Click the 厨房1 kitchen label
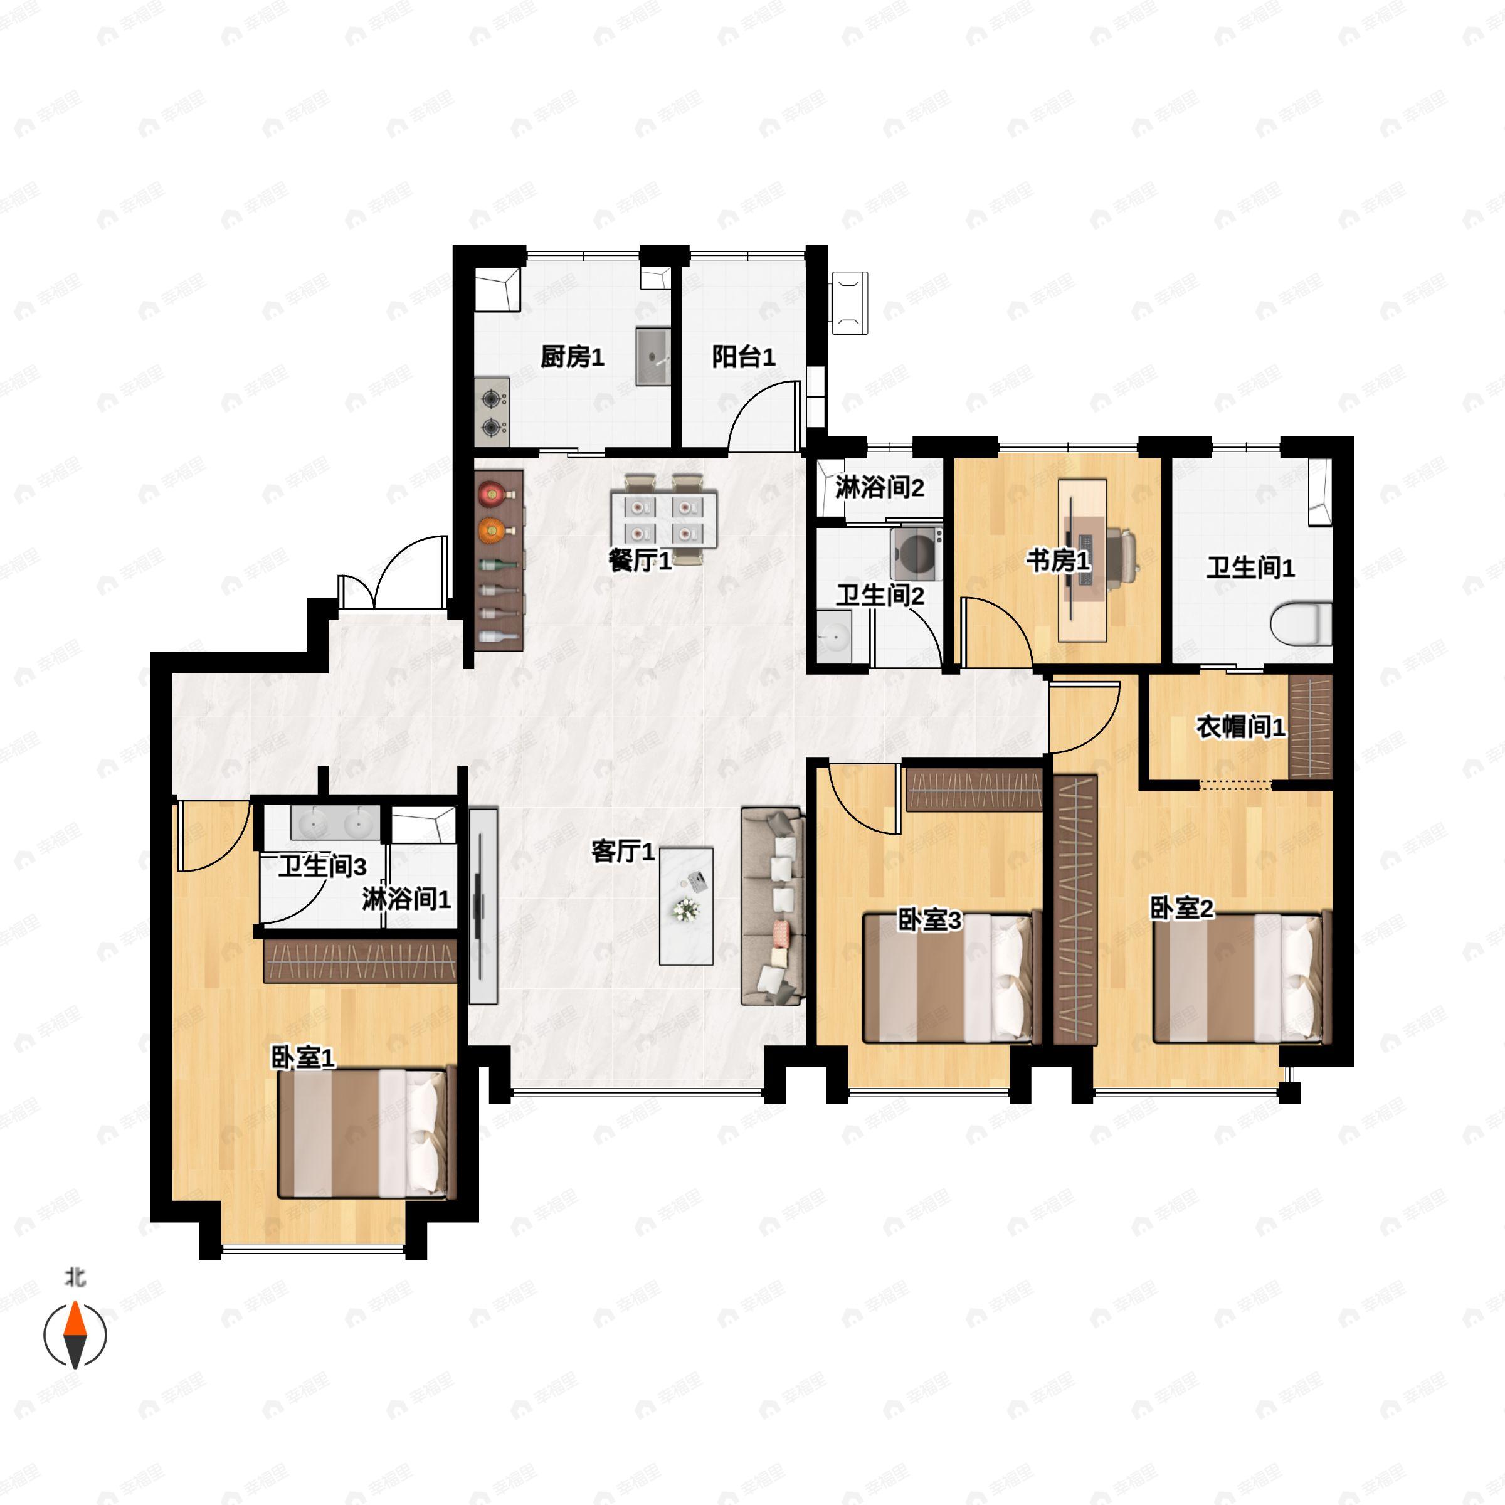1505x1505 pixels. tap(572, 357)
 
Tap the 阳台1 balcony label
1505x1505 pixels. tap(743, 357)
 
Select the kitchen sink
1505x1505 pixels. tap(653, 357)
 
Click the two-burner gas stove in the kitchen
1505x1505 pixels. tap(492, 412)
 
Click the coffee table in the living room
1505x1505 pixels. tap(685, 906)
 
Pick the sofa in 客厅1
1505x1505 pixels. tap(771, 906)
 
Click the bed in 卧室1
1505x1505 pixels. tap(363, 1144)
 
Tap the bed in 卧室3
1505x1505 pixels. tap(951, 978)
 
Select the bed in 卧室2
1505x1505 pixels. tap(1238, 978)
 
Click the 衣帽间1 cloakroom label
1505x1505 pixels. tap(1240, 727)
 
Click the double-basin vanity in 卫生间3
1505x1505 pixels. tap(335, 823)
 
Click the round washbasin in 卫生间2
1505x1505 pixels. tap(833, 637)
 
